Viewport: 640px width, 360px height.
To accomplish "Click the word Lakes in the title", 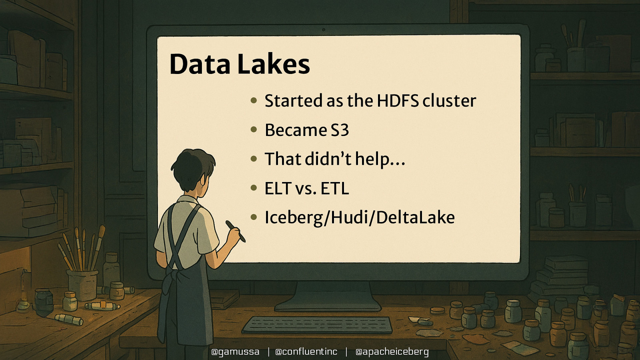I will [x=274, y=64].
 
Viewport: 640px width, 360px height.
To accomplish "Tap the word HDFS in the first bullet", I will [x=398, y=101].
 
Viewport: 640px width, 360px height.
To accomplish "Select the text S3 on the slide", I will [x=340, y=130].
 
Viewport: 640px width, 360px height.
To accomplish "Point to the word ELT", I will [x=278, y=188].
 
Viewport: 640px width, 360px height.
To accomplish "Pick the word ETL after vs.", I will [x=334, y=188].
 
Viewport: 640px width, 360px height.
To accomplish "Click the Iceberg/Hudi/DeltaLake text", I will [x=360, y=218].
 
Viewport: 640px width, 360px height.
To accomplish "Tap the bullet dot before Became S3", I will [x=254, y=130].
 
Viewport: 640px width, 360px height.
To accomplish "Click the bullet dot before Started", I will [x=254, y=100].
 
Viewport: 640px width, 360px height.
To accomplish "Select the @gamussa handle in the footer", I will [x=235, y=352].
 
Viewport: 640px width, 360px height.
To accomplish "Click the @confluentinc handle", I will [x=306, y=352].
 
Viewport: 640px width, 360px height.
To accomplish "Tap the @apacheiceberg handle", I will [x=392, y=352].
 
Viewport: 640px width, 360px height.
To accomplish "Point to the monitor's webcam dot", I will [x=324, y=30].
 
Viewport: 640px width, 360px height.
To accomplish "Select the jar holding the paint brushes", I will [x=82, y=284].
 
